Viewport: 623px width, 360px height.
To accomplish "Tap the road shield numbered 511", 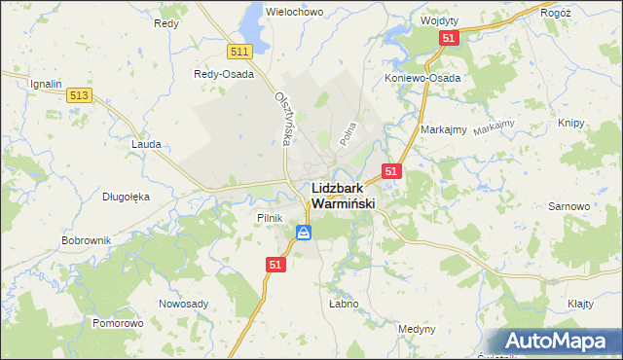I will [x=240, y=52].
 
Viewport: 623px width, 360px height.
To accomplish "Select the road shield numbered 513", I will [x=80, y=94].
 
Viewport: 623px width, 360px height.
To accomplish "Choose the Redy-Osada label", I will [x=224, y=74].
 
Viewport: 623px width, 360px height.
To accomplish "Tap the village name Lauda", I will [x=146, y=143].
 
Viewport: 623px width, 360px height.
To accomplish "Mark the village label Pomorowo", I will [x=118, y=322].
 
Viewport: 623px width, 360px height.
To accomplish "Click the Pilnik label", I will [x=270, y=218].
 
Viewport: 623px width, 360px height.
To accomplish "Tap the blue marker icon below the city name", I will [x=304, y=233].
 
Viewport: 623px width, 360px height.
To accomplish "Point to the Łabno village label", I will [x=344, y=304].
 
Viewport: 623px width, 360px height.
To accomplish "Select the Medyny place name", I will [x=417, y=329].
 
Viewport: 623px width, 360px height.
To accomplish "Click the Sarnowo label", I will [x=569, y=207].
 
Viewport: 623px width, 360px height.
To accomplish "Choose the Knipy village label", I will [x=570, y=123].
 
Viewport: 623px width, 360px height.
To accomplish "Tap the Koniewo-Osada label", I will [x=422, y=78].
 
